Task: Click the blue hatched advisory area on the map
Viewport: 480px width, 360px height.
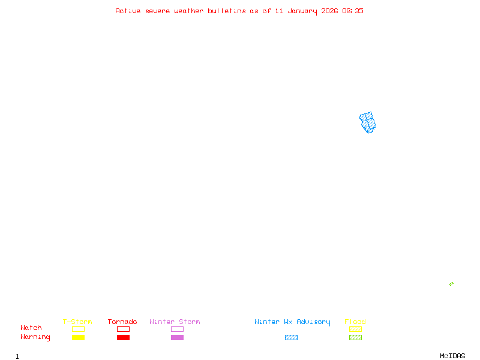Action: pyautogui.click(x=368, y=122)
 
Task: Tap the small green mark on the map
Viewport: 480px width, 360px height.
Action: pyautogui.click(x=451, y=284)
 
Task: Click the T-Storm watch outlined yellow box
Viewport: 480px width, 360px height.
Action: pyautogui.click(x=78, y=329)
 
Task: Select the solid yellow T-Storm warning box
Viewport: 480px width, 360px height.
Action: pyautogui.click(x=78, y=337)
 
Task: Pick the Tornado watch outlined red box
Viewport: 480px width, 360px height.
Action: pyautogui.click(x=123, y=329)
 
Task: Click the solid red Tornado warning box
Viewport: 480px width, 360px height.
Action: pyautogui.click(x=123, y=337)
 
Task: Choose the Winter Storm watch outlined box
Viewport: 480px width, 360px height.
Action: pyautogui.click(x=177, y=329)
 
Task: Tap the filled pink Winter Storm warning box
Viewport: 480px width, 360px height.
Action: pyautogui.click(x=177, y=337)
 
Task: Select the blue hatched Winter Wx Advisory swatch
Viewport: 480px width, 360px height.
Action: pyautogui.click(x=291, y=337)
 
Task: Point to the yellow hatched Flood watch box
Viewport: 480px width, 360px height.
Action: pyautogui.click(x=355, y=329)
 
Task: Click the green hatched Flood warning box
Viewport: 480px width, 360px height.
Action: pyautogui.click(x=355, y=337)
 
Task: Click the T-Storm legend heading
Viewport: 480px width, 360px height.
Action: pyautogui.click(x=77, y=322)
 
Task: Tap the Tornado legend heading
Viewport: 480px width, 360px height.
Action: pyautogui.click(x=122, y=322)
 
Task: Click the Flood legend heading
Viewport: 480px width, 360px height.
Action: pyautogui.click(x=355, y=322)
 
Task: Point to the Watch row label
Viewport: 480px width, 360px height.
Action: pyautogui.click(x=31, y=328)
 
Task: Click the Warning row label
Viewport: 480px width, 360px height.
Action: pyautogui.click(x=35, y=337)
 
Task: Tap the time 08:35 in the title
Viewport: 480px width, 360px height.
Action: pyautogui.click(x=353, y=11)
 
